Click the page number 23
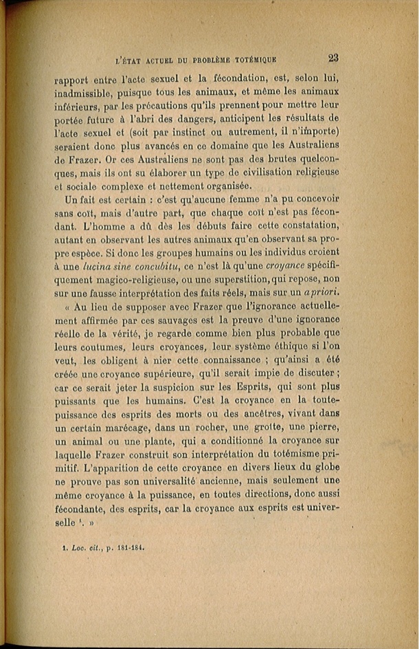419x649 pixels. tap(332, 58)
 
